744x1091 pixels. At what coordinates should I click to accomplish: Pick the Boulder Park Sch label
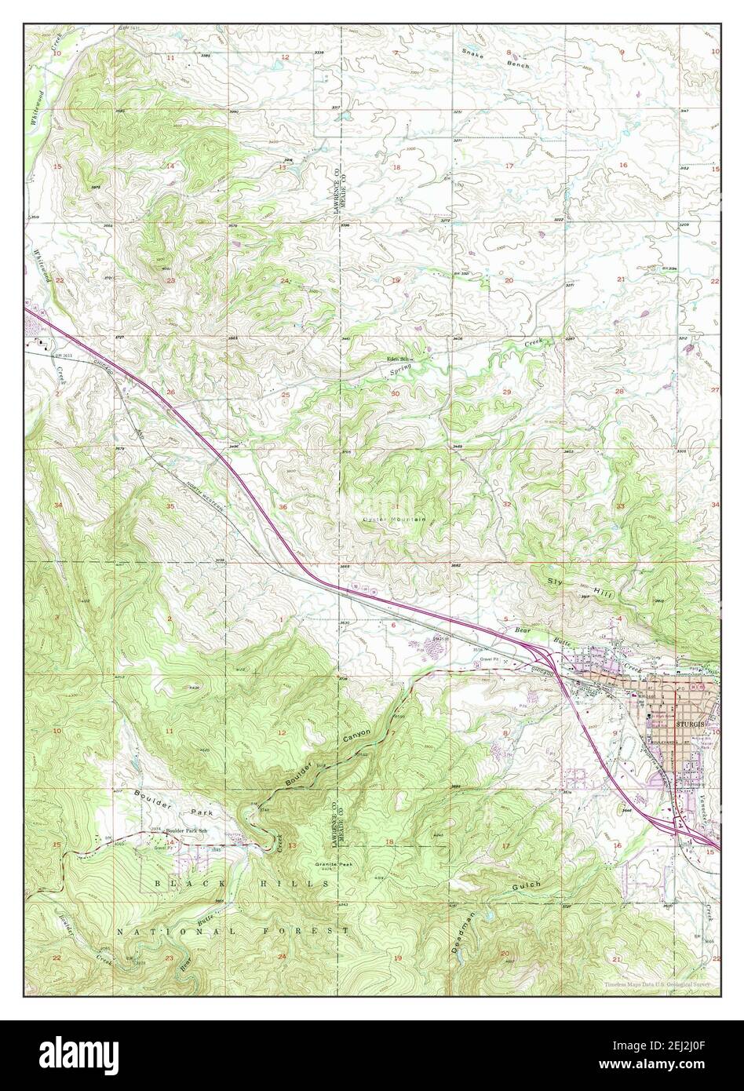click(186, 830)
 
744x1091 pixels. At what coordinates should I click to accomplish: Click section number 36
click(283, 507)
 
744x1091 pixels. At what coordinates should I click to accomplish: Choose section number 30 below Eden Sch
click(396, 393)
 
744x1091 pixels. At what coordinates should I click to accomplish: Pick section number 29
click(507, 392)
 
